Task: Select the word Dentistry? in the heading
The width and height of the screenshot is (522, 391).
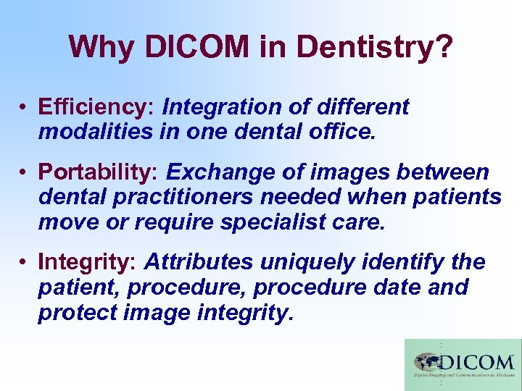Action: click(375, 49)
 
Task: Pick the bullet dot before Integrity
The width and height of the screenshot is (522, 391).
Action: click(24, 262)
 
